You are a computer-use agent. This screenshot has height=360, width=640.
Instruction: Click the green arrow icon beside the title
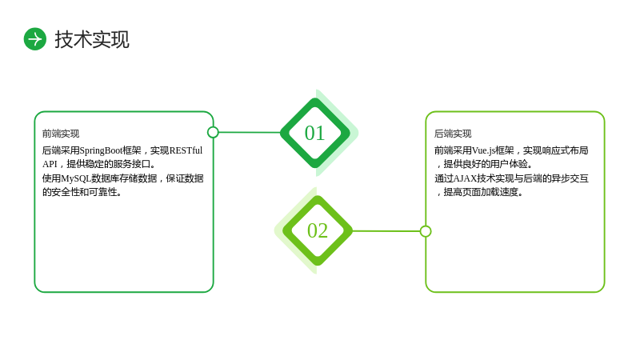point(35,39)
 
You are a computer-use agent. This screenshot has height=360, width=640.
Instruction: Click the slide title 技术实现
point(92,39)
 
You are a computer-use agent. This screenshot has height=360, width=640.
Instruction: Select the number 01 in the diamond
point(314,133)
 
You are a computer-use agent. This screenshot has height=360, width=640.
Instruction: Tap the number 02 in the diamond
point(318,230)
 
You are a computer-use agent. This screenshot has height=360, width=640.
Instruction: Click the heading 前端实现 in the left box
point(61,134)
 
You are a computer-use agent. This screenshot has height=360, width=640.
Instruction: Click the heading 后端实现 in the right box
point(453,134)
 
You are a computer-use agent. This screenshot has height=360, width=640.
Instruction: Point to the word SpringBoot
point(102,150)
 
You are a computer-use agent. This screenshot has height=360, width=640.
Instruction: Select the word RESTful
point(186,150)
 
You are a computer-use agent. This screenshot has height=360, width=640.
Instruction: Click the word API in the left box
point(50,164)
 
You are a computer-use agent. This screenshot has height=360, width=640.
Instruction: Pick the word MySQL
point(76,178)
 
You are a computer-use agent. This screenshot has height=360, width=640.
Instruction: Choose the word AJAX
point(465,178)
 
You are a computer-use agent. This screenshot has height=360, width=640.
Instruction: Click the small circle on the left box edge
point(213,132)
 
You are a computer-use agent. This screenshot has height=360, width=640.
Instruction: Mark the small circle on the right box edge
point(426,231)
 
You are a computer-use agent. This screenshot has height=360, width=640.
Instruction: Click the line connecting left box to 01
point(250,132)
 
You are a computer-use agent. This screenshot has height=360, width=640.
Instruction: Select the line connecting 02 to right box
point(386,231)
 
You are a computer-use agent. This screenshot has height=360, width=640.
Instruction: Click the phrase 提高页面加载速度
point(481,192)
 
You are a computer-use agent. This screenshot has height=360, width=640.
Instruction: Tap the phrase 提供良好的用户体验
point(486,164)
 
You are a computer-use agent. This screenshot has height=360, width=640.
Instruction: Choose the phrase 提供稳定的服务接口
point(108,164)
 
